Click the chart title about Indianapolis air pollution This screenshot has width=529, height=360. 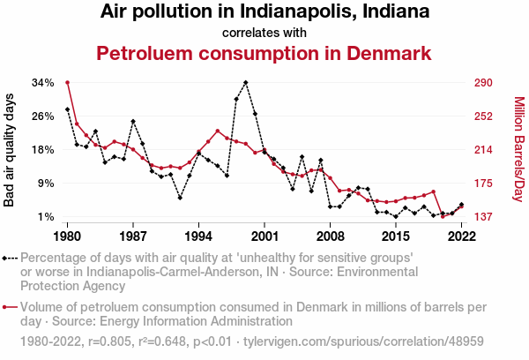pyautogui.click(x=264, y=12)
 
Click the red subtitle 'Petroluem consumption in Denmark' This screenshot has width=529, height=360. pyautogui.click(x=264, y=53)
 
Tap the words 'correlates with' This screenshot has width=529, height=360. pyautogui.click(x=264, y=33)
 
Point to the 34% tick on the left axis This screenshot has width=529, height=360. pyautogui.click(x=43, y=83)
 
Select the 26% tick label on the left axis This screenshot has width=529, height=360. pyautogui.click(x=43, y=116)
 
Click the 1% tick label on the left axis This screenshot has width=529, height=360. pyautogui.click(x=46, y=217)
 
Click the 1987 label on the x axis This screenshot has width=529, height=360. pyautogui.click(x=133, y=236)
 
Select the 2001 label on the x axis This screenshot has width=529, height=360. pyautogui.click(x=264, y=236)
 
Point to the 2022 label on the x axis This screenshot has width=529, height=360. pyautogui.click(x=461, y=236)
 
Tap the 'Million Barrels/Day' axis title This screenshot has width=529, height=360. pyautogui.click(x=518, y=149)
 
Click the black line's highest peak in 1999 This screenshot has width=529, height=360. pyautogui.click(x=246, y=83)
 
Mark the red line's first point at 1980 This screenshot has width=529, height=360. pyautogui.click(x=68, y=83)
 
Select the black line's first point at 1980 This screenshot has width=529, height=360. pyautogui.click(x=68, y=109)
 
